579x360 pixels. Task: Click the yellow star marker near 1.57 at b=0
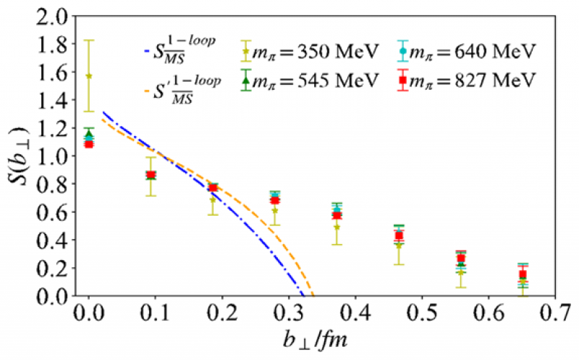coord(89,75)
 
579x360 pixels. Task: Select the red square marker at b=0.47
coord(399,235)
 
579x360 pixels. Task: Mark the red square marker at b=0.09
coord(151,175)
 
